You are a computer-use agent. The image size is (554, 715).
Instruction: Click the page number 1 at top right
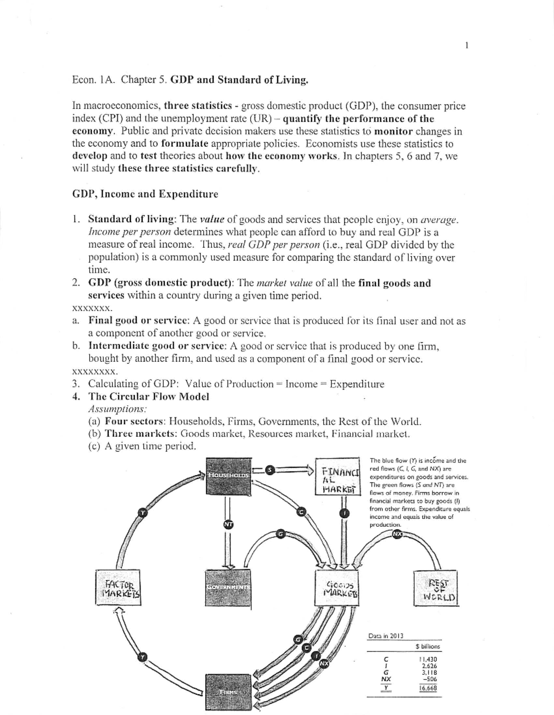[467, 45]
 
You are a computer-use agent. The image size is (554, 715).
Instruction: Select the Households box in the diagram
[228, 474]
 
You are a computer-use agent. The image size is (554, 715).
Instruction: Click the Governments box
[228, 587]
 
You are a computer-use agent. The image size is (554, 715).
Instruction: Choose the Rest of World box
[435, 588]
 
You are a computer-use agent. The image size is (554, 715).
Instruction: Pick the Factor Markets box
[118, 587]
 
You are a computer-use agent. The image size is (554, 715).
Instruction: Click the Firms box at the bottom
[228, 692]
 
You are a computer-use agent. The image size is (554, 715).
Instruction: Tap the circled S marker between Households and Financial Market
[271, 469]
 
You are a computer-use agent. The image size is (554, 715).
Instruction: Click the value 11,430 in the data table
[427, 660]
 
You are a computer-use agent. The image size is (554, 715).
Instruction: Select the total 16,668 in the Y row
[428, 688]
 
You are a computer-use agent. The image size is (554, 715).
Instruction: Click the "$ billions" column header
[428, 646]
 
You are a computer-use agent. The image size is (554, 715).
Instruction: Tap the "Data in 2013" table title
[385, 636]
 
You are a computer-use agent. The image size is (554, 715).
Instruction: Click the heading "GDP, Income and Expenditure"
[145, 194]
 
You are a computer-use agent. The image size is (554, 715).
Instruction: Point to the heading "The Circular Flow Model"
[148, 397]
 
